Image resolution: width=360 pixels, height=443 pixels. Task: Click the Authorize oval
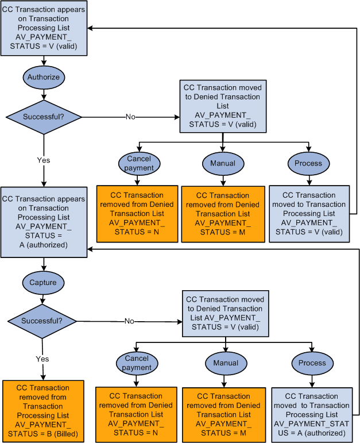pos(43,77)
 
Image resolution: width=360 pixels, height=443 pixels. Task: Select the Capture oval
pos(43,282)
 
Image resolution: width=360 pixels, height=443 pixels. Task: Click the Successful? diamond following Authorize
pos(43,117)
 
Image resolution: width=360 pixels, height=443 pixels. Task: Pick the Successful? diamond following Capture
pos(41,321)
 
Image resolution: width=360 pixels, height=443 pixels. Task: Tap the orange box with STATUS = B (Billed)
pos(43,411)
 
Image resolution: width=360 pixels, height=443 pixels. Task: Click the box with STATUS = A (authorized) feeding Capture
pos(43,222)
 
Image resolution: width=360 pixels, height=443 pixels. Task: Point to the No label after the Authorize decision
pos(130,117)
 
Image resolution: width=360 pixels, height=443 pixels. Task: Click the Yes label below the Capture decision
pos(42,359)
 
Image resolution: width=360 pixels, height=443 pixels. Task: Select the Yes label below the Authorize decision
pos(44,160)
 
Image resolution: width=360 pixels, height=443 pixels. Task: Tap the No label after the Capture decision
pos(130,321)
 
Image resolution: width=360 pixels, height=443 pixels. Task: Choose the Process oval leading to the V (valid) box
pos(308,163)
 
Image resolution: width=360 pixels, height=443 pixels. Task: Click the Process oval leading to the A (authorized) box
pos(312,363)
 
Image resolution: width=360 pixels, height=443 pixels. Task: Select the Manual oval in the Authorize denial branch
pos(223,163)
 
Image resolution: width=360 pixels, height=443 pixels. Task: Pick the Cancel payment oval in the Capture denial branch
pos(137,363)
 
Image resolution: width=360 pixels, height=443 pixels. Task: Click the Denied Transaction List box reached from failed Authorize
pos(223,106)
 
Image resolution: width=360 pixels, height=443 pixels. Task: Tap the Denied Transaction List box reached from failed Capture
pos(225,313)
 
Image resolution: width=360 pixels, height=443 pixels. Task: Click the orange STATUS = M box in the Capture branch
pos(224,410)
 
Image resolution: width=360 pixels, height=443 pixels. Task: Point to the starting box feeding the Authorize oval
pos(44,28)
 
